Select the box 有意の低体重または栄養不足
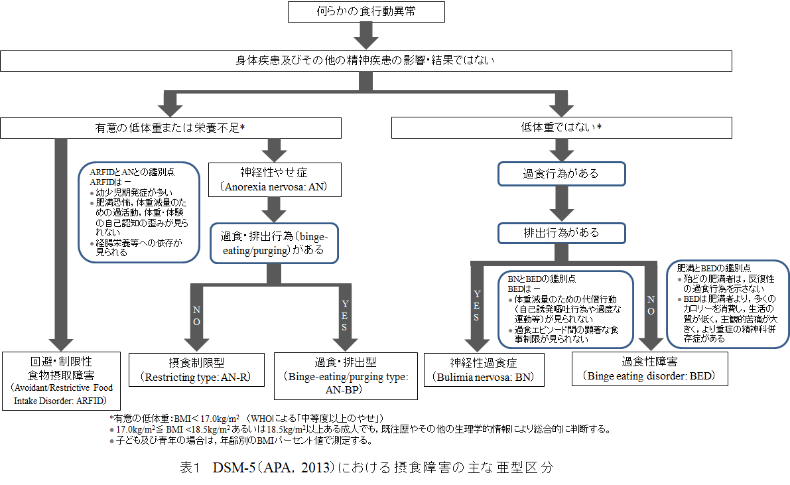[x=171, y=128]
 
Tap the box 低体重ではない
[x=562, y=128]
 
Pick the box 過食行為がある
[x=561, y=173]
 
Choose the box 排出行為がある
[x=561, y=233]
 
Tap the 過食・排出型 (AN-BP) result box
[x=345, y=376]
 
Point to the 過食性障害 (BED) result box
[x=649, y=368]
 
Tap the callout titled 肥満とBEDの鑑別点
[x=728, y=303]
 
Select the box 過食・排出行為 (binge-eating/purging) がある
[x=273, y=244]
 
